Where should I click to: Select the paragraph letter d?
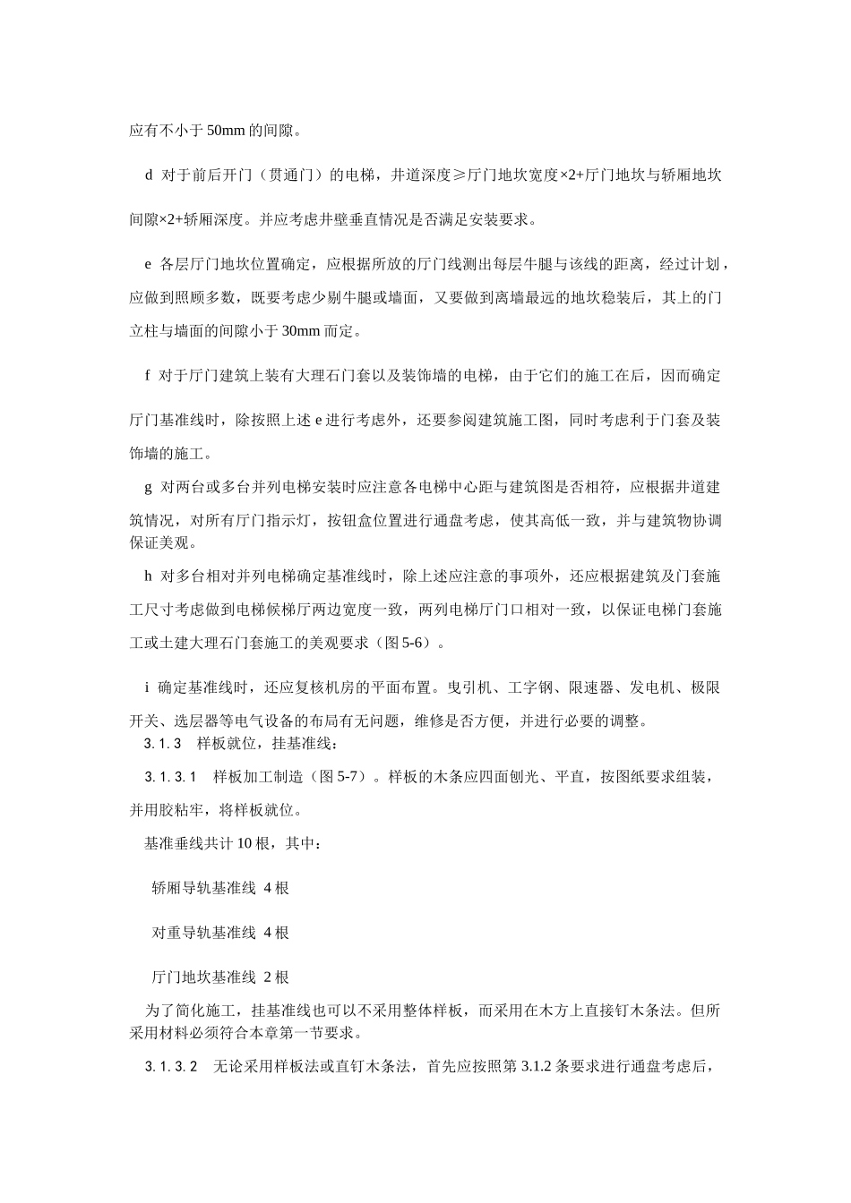149,175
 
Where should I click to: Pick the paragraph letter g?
149,488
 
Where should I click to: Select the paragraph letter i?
147,687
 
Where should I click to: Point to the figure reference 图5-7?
343,777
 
